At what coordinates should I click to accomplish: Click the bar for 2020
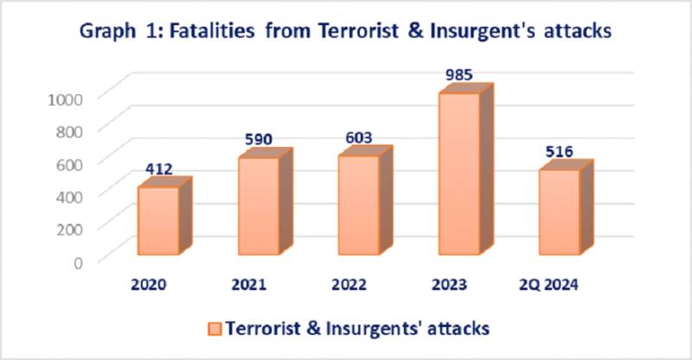pyautogui.click(x=164, y=216)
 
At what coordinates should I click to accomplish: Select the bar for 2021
pyautogui.click(x=265, y=202)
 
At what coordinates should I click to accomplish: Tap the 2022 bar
pyautogui.click(x=365, y=201)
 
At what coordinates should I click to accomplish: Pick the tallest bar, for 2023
pyautogui.click(x=465, y=169)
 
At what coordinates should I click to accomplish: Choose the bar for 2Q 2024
pyautogui.click(x=566, y=208)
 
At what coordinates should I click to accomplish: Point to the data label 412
pyautogui.click(x=159, y=169)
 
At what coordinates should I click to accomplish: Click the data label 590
pyautogui.click(x=259, y=139)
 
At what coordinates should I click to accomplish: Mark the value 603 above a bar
pyautogui.click(x=359, y=138)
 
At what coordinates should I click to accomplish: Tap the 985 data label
pyautogui.click(x=459, y=74)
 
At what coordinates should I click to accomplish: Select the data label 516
pyautogui.click(x=559, y=151)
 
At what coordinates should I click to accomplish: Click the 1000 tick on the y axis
pyautogui.click(x=65, y=99)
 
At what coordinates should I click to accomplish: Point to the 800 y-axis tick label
pyautogui.click(x=69, y=132)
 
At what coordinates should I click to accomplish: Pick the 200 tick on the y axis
pyautogui.click(x=69, y=229)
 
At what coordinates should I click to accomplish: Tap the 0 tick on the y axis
pyautogui.click(x=78, y=262)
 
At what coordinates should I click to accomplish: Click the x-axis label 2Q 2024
pyautogui.click(x=548, y=285)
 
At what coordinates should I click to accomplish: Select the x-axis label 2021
pyautogui.click(x=249, y=285)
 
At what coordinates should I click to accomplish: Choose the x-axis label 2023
pyautogui.click(x=449, y=285)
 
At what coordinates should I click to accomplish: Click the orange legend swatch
pyautogui.click(x=215, y=330)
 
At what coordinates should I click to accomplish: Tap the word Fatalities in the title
pyautogui.click(x=212, y=31)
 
